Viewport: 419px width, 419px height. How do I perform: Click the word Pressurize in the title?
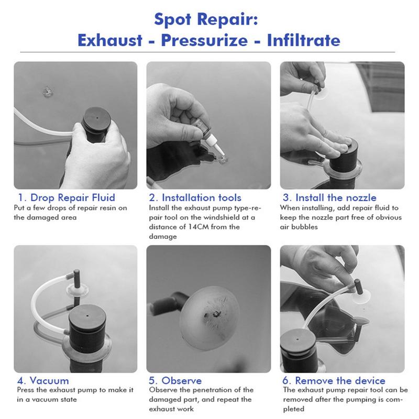click(x=204, y=40)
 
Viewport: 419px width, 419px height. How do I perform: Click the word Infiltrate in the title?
click(x=304, y=40)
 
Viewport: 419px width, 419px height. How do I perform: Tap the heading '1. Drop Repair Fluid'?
click(x=67, y=197)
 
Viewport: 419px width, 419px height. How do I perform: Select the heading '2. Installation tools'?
click(x=195, y=198)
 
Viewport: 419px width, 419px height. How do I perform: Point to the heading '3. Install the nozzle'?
click(x=329, y=198)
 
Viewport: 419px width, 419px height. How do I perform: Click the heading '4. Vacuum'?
click(x=43, y=381)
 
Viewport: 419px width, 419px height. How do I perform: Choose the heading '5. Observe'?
click(x=175, y=381)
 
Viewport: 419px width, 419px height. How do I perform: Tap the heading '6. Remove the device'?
click(x=334, y=381)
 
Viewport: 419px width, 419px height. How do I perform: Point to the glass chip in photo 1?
click(x=48, y=92)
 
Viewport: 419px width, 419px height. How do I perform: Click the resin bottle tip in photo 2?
click(x=220, y=151)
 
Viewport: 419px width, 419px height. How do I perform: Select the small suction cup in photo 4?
click(x=77, y=290)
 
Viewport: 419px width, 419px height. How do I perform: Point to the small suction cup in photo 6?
click(x=361, y=297)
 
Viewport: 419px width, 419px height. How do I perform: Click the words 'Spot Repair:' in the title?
click(x=206, y=19)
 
